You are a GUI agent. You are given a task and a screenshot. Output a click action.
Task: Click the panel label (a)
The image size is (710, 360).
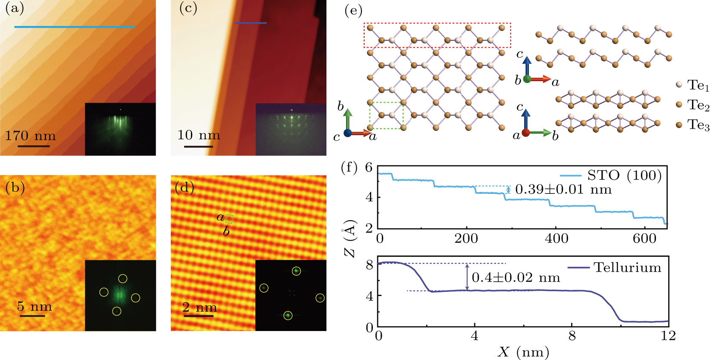point(14,9)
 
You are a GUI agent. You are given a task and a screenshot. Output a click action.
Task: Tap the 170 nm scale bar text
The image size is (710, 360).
point(30,136)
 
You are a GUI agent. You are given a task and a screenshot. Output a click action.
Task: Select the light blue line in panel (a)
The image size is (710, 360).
point(75,27)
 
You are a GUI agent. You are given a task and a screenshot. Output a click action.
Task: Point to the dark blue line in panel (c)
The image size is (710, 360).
point(251,23)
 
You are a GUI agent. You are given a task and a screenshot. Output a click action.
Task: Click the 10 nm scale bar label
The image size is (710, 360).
point(199,135)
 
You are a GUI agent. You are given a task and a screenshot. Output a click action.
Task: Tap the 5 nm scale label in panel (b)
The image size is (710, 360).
point(35,306)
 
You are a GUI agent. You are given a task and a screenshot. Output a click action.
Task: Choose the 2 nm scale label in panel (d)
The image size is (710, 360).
point(199,307)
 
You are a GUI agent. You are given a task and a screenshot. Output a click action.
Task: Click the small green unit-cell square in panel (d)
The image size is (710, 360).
point(229,219)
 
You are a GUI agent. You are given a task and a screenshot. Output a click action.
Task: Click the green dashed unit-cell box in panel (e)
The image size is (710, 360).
point(386,115)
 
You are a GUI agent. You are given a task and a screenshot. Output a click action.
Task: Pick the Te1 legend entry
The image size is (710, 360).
point(693,85)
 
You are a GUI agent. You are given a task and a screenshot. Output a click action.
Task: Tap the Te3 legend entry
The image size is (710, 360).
point(693,125)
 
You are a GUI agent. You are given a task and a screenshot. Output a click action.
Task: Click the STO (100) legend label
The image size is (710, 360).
point(624,175)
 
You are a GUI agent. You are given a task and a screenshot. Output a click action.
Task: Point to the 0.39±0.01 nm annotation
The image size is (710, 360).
point(563,189)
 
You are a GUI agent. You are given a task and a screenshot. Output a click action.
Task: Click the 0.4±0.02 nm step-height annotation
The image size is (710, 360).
point(516,278)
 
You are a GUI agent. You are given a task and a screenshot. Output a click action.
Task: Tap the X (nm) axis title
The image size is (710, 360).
point(523,352)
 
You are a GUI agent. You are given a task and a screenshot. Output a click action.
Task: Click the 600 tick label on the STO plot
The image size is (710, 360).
point(644,238)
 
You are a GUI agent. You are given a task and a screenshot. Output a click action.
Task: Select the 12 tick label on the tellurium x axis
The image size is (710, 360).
point(668,336)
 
